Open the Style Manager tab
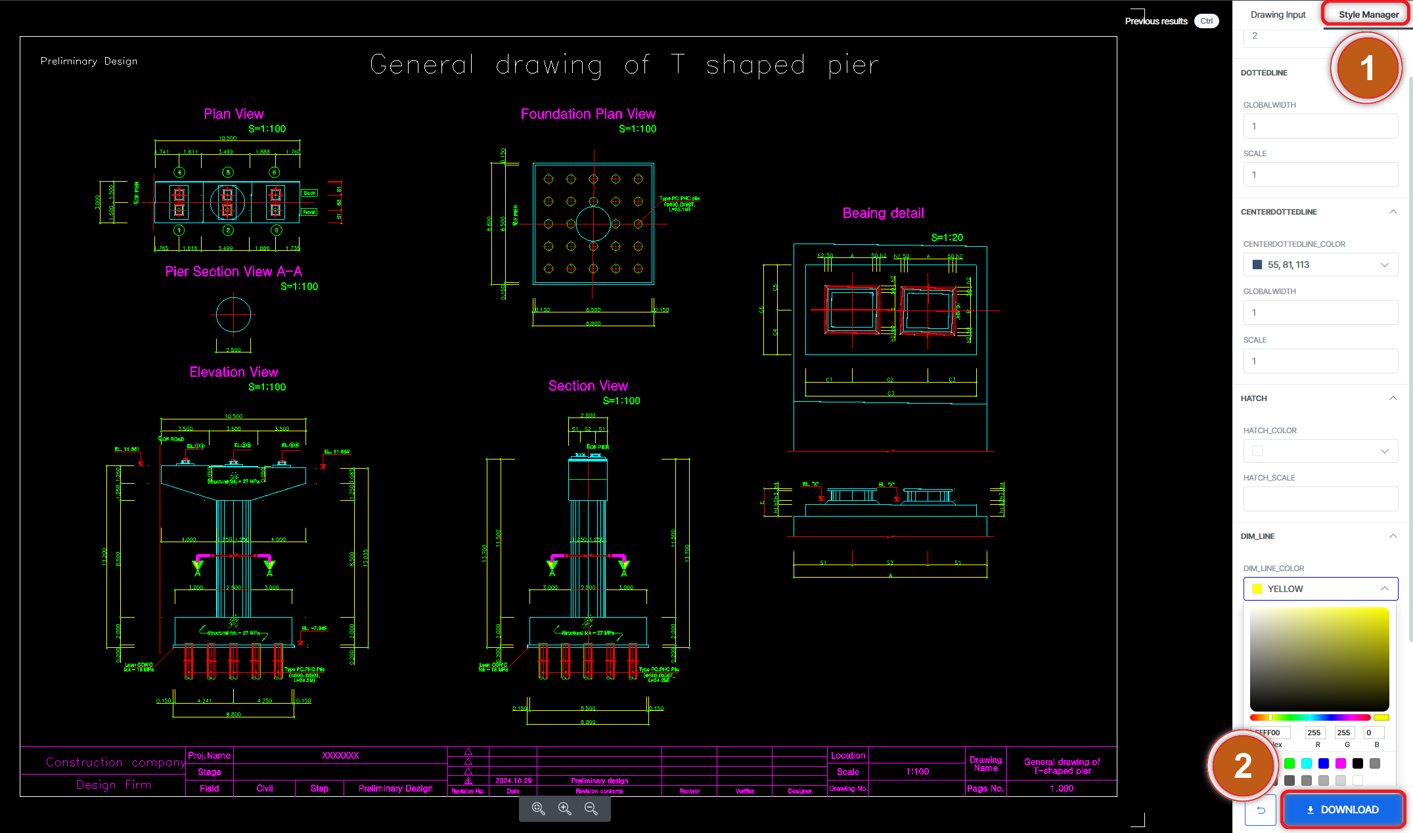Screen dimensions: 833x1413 1368,14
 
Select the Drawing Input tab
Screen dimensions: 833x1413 1277,14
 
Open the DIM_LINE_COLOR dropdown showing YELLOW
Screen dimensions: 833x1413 1320,589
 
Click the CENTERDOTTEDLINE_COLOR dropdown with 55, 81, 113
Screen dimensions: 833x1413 1320,265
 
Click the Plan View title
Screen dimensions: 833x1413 234,114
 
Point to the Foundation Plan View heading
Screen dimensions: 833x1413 588,114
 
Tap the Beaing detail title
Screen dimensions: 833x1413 883,213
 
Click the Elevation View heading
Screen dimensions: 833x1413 234,372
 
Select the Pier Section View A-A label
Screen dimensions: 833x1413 234,272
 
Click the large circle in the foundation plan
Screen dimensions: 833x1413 593,224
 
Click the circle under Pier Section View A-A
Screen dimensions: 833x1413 233,315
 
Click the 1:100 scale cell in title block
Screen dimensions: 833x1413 917,772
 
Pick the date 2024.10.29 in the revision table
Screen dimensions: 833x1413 513,780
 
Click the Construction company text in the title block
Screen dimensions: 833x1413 115,762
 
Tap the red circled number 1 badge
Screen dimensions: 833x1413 1366,68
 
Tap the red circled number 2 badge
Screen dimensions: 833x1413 1242,766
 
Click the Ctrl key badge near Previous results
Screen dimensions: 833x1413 1206,21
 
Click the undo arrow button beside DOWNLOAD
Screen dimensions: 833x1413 1261,810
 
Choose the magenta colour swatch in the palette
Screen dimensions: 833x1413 1341,763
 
